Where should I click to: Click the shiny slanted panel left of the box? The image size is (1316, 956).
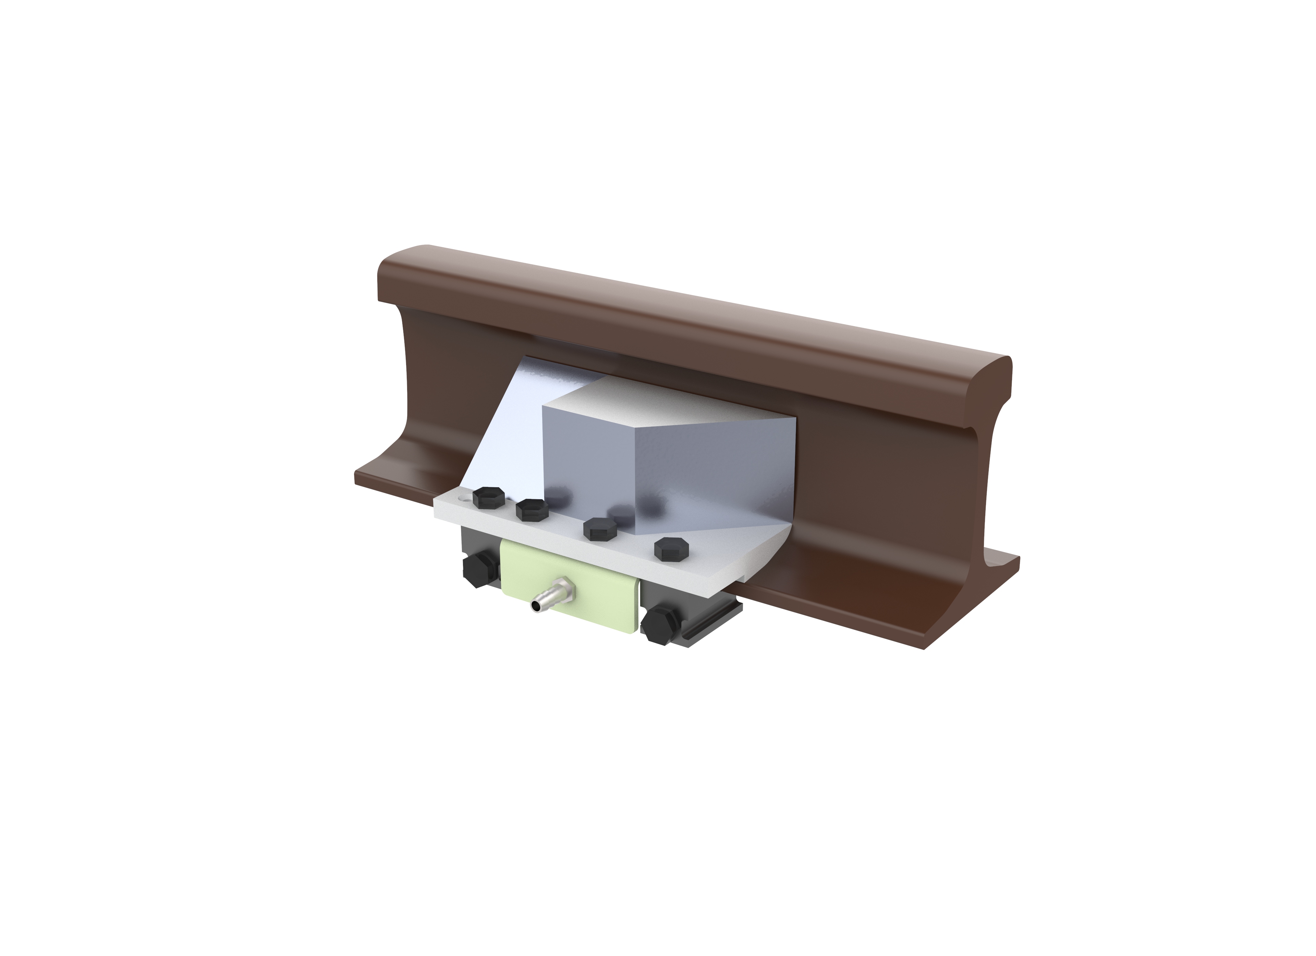point(511,429)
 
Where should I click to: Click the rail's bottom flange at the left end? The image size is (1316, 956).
point(394,485)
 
